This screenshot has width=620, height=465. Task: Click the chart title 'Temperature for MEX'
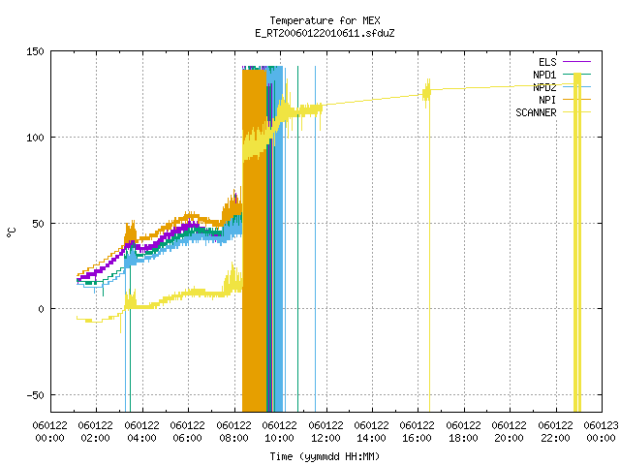(x=325, y=20)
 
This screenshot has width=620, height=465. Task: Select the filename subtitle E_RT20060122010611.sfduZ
(x=325, y=33)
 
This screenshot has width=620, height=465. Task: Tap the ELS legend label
(x=547, y=62)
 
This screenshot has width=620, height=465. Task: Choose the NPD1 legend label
(x=544, y=75)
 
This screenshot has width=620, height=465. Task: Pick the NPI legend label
(x=547, y=100)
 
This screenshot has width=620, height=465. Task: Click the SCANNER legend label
(x=536, y=112)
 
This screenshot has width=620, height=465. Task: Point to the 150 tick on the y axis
(x=35, y=51)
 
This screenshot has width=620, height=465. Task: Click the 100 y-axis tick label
(x=35, y=138)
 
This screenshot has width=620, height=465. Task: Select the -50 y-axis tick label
(x=35, y=395)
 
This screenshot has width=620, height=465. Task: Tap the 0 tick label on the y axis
(x=41, y=309)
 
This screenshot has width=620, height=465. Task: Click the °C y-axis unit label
(x=12, y=232)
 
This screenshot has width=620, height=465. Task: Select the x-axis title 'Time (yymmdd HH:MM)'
(x=325, y=456)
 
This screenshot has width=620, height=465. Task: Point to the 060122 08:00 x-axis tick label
(x=233, y=432)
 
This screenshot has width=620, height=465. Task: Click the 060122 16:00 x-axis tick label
(x=417, y=432)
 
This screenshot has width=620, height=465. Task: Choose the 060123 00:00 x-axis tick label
(x=601, y=432)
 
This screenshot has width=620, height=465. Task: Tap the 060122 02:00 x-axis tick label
(x=95, y=432)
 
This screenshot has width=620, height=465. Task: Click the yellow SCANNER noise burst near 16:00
(x=426, y=93)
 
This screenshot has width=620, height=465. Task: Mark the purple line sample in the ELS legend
(x=577, y=62)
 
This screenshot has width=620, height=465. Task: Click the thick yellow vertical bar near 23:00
(x=577, y=242)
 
